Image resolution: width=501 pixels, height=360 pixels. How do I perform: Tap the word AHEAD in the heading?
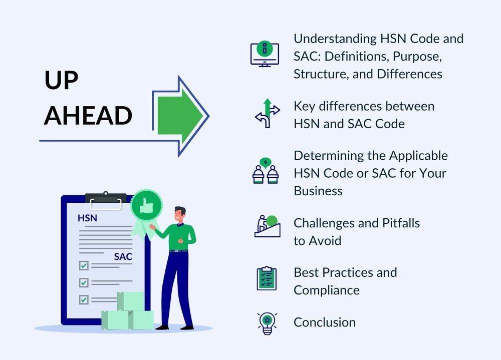(88, 116)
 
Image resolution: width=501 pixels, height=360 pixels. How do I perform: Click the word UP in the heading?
(61, 80)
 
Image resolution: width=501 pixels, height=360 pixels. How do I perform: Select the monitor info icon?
(265, 54)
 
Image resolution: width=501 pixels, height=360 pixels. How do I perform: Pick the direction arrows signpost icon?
(268, 113)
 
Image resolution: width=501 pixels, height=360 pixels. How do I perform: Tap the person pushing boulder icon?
(268, 226)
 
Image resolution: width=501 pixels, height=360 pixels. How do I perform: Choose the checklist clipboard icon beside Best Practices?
(267, 278)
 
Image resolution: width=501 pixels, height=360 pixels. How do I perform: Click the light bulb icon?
(267, 323)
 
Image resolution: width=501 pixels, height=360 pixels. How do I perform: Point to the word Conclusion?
(325, 322)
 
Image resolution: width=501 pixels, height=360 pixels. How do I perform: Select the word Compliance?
(327, 290)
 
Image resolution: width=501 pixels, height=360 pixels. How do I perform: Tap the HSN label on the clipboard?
(87, 218)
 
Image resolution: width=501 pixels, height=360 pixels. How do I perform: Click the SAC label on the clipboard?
(123, 256)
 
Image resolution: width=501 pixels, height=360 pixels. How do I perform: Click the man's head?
(180, 214)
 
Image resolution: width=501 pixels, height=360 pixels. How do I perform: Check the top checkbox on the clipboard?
(84, 265)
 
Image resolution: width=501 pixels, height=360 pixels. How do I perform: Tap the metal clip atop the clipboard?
(106, 200)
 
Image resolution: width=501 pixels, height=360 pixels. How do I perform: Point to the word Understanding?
(335, 39)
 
